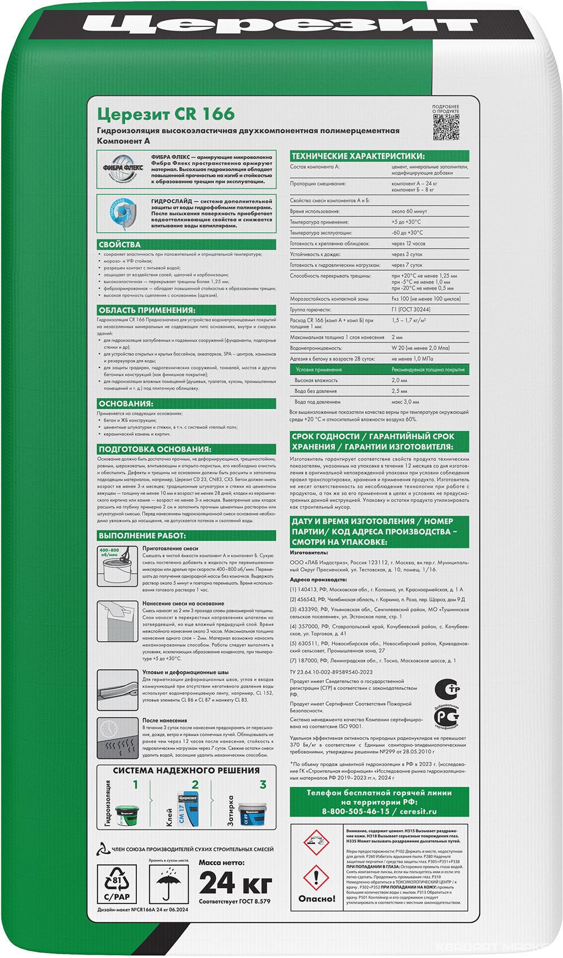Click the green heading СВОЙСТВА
coord(120,245)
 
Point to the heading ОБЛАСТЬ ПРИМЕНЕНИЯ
coord(147,309)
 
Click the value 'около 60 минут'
coord(410,211)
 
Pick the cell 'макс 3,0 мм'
coord(405,402)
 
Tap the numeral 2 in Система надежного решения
coord(195,784)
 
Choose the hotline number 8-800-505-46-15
coord(356,811)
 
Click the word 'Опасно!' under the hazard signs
coord(316,899)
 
